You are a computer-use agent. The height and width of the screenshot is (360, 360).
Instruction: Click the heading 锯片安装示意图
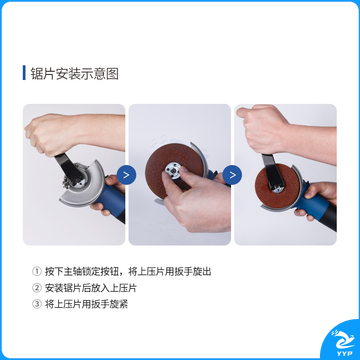pos(74,73)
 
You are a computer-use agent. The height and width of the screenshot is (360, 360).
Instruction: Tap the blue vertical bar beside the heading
pos(24,73)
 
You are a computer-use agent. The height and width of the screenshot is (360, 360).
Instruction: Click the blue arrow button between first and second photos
pos(126,175)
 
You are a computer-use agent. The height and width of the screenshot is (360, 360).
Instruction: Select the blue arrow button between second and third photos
pos(232,175)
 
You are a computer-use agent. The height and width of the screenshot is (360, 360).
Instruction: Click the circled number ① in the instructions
pos(36,271)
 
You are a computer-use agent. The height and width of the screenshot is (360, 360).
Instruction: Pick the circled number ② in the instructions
pos(36,288)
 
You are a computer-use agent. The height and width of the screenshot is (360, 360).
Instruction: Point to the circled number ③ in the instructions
pos(36,304)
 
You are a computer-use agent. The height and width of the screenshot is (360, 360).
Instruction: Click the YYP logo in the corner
pos(342,343)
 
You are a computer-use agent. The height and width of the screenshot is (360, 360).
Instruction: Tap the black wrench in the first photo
pos(69,169)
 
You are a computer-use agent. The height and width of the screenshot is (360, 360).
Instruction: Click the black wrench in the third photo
pos(272,171)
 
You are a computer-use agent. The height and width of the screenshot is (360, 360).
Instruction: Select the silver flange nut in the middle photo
pos(174,170)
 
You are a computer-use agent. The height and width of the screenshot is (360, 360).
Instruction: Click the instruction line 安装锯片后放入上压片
pos(91,288)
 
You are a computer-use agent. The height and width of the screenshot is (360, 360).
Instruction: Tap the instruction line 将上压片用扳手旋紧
pos(86,304)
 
